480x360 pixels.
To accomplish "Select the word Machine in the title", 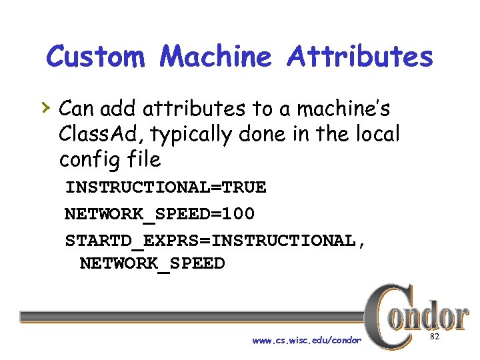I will tap(216, 57).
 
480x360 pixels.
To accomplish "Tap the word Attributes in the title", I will tap(360, 57).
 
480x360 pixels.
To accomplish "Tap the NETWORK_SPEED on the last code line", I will tap(152, 263).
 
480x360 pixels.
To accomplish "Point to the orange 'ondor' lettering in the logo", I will tap(432, 316).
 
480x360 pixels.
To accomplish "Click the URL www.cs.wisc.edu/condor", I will tap(307, 341).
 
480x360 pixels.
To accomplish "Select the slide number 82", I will tap(434, 339).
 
